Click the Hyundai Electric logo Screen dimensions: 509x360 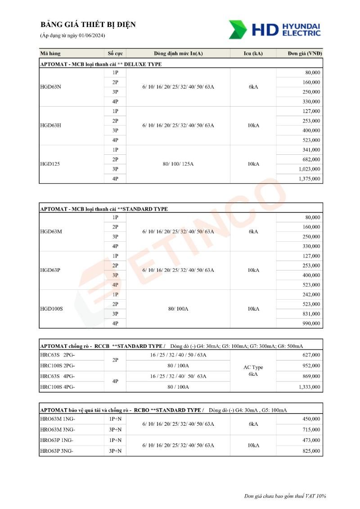274,29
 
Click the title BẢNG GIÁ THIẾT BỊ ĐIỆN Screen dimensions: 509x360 88,25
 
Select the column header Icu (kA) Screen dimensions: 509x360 253,54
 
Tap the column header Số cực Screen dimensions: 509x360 115,54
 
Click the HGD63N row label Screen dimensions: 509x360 51,87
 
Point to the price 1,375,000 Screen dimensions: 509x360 309,179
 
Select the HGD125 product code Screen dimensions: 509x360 50,164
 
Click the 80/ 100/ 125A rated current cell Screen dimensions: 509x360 178,164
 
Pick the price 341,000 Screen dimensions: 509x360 311,150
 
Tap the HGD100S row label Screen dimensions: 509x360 51,309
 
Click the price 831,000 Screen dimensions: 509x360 311,314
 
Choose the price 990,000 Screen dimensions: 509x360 311,324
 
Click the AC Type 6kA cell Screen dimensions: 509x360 253,371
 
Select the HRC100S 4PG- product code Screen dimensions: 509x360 58,387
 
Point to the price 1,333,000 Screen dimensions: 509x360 309,387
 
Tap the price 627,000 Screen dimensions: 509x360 311,355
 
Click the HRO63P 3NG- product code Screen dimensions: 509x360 57,451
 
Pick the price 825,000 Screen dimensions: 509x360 311,451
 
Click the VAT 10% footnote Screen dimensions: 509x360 285,496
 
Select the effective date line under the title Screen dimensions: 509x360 72,36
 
